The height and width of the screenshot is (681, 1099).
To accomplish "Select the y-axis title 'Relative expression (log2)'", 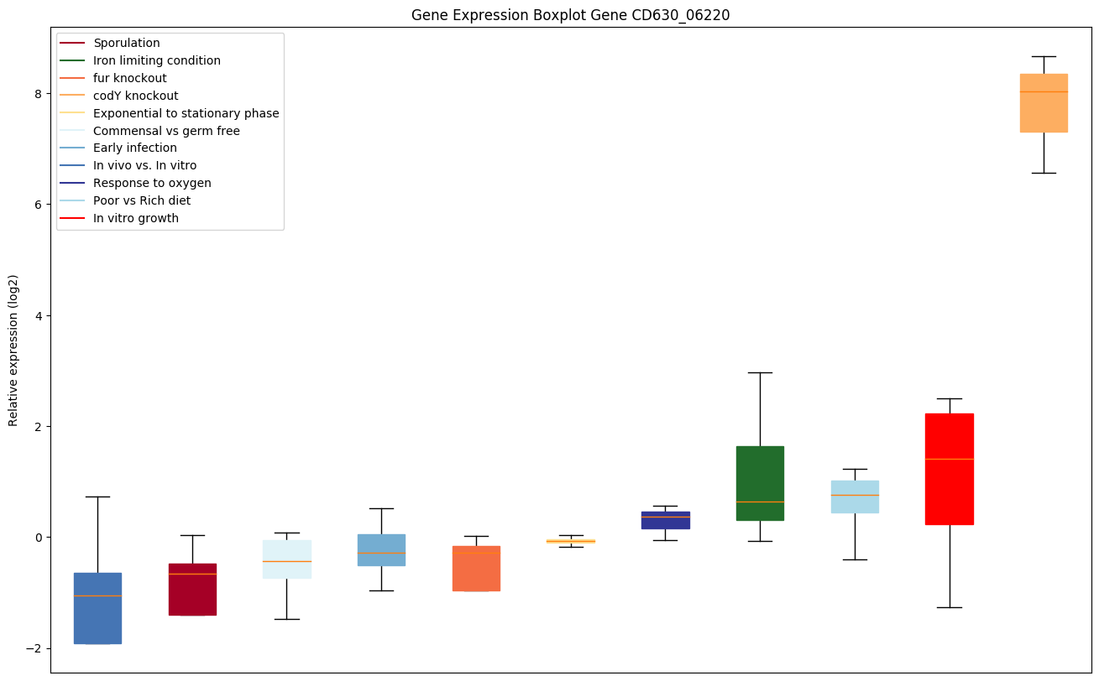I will (13, 350).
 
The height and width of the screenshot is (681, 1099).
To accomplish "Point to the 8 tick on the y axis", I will (38, 93).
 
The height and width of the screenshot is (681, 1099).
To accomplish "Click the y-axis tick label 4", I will (38, 315).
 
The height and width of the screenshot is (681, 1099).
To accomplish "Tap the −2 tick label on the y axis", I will (34, 648).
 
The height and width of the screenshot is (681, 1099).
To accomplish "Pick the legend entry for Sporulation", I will (127, 43).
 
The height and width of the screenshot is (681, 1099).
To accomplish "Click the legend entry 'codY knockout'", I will (135, 96).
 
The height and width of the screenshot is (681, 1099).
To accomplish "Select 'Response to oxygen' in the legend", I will (152, 183).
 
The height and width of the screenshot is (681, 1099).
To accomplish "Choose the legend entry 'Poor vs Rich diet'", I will (142, 200).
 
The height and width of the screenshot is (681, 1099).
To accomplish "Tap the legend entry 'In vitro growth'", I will (136, 218).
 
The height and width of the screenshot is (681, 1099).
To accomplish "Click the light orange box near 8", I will (1044, 103).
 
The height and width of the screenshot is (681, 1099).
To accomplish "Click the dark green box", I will (760, 483).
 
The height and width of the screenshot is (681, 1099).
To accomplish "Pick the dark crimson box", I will (192, 589).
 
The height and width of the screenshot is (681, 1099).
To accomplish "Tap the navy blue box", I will (665, 520).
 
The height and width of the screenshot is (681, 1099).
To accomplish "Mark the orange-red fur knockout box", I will (476, 569).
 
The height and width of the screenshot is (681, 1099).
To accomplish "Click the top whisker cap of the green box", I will (760, 372).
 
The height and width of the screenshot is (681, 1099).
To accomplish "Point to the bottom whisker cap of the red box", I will (950, 607).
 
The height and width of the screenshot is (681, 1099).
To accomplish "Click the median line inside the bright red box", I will (950, 459).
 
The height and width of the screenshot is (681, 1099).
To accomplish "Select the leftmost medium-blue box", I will (97, 608).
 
